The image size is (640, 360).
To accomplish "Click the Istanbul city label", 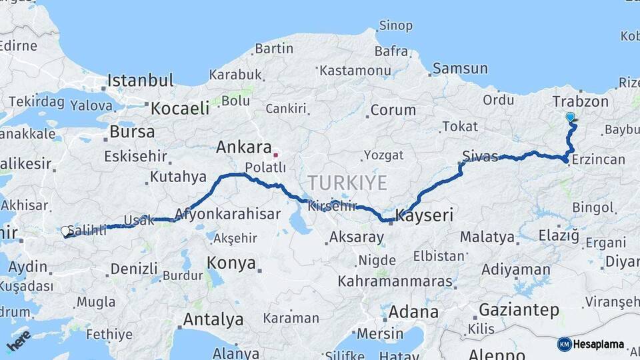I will pyautogui.click(x=141, y=81).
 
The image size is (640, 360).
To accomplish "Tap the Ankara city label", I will pyautogui.click(x=244, y=147).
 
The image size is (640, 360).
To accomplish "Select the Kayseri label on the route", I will pyautogui.click(x=424, y=215).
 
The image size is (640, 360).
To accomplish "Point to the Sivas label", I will pyautogui.click(x=480, y=157).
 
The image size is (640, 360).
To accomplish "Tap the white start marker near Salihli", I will pyautogui.click(x=65, y=231).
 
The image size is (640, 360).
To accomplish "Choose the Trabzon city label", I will pyautogui.click(x=580, y=101).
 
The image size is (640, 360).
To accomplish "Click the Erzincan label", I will pyautogui.click(x=599, y=159).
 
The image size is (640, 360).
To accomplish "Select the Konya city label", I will pyautogui.click(x=231, y=263).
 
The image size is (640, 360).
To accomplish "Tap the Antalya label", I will pyautogui.click(x=213, y=319).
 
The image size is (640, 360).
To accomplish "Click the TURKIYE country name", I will pyautogui.click(x=347, y=183).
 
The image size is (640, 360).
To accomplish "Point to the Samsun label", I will pyautogui.click(x=457, y=68).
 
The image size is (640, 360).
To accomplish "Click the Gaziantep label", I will pyautogui.click(x=519, y=310).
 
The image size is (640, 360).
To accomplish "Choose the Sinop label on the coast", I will pyautogui.click(x=396, y=26).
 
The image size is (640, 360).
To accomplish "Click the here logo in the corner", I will pyautogui.click(x=19, y=340).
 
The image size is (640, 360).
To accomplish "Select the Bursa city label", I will pyautogui.click(x=132, y=132).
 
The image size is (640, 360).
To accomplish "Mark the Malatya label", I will pyautogui.click(x=487, y=237).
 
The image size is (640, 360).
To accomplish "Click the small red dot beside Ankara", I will pyautogui.click(x=275, y=154).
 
